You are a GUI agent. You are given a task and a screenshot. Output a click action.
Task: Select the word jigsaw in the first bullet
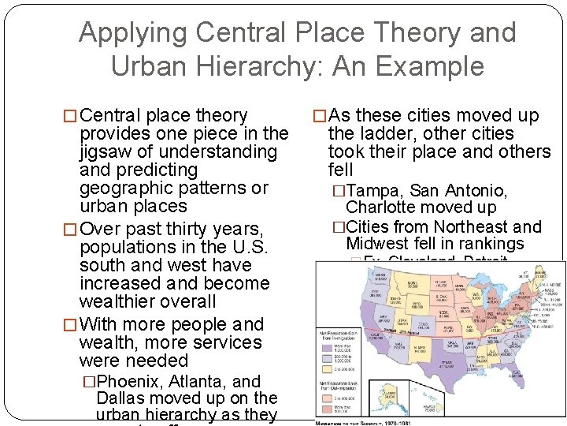tap(108, 151)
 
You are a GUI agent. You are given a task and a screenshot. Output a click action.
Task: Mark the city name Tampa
tap(372, 191)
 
